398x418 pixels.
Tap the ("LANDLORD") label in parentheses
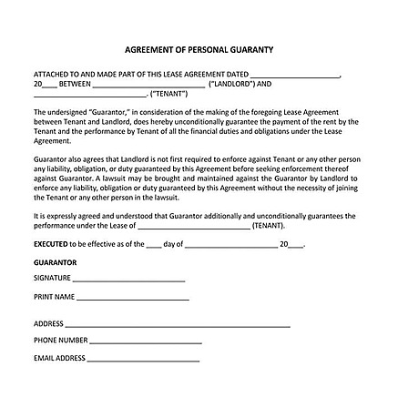240,84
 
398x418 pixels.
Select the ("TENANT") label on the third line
168,93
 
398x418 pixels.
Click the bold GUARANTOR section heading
55,262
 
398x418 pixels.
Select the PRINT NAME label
54,297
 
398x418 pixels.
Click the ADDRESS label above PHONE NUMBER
48,323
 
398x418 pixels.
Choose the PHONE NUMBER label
61,341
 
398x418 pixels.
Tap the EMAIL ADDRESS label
59,358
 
